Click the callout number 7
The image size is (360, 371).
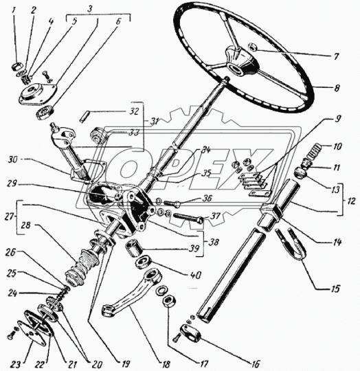click(x=336, y=57)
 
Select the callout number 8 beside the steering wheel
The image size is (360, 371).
click(x=337, y=88)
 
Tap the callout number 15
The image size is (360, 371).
click(x=335, y=289)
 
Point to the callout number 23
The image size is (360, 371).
click(x=16, y=364)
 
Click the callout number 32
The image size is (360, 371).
click(x=134, y=111)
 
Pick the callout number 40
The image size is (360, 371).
click(x=196, y=276)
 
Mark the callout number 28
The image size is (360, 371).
click(x=25, y=225)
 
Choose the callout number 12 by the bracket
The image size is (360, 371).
click(x=351, y=201)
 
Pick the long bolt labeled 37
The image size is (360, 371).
click(x=188, y=218)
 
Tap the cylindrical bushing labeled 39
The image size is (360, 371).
click(x=133, y=248)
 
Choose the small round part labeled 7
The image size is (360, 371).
click(x=252, y=47)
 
